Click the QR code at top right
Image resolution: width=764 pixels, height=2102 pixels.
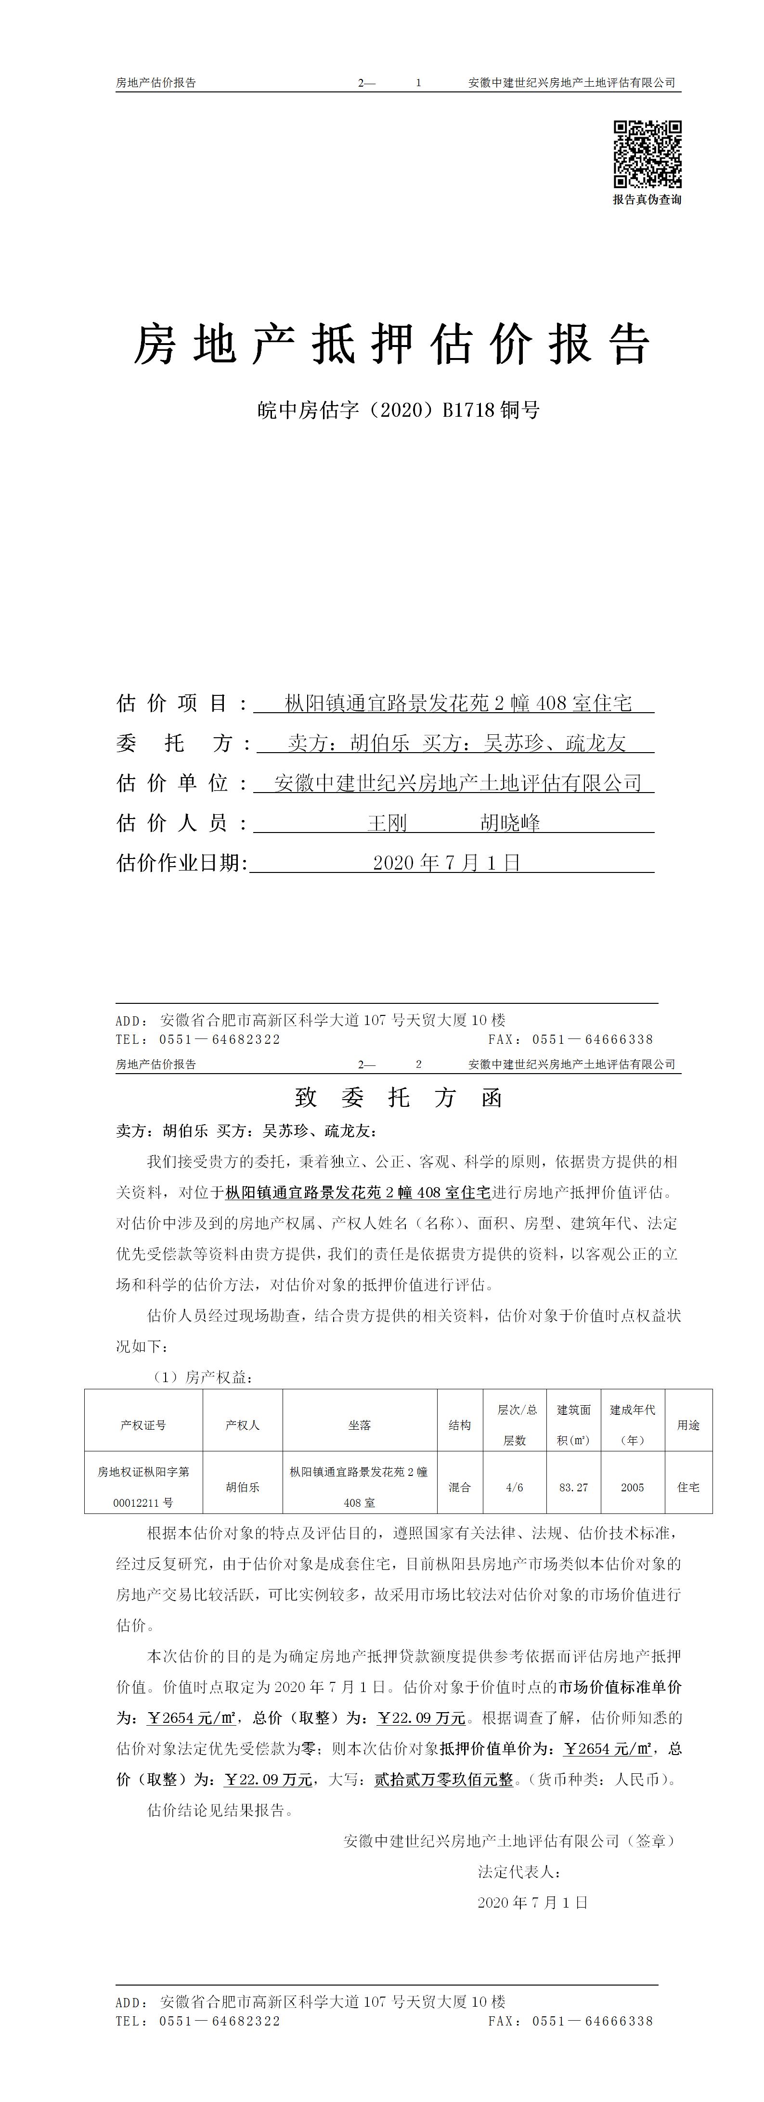coord(647,154)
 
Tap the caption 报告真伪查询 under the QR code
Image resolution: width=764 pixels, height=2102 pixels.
coord(647,200)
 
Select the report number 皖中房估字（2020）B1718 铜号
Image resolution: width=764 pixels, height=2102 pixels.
coord(398,410)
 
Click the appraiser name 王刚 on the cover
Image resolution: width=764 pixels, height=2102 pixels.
coord(387,822)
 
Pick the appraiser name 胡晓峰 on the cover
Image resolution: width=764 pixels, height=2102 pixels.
coord(510,822)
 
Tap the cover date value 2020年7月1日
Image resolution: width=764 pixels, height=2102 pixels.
coord(446,862)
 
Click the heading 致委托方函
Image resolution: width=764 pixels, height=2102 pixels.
coord(398,1098)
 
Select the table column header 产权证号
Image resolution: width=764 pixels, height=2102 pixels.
coord(143,1425)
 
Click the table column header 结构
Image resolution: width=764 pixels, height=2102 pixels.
coord(460,1425)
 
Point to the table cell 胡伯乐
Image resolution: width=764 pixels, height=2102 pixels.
coord(243,1487)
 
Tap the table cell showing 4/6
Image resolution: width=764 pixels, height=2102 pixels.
coord(514,1487)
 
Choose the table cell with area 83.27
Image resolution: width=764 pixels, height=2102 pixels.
coord(573,1487)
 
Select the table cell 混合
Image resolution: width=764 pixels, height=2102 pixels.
coord(460,1487)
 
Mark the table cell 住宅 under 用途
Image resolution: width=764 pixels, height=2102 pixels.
coord(688,1487)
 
